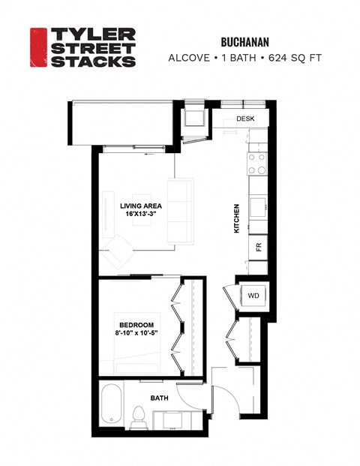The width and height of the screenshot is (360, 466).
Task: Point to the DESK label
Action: click(x=245, y=119)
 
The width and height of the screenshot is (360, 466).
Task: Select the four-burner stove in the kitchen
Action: click(x=257, y=164)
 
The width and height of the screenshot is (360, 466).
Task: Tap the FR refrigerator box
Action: click(x=257, y=246)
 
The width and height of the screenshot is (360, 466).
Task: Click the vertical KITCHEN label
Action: click(x=236, y=218)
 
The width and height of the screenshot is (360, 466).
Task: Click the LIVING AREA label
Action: click(x=141, y=205)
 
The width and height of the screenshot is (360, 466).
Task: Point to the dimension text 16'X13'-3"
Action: click(x=141, y=214)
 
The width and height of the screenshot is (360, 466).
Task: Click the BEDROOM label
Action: click(x=136, y=325)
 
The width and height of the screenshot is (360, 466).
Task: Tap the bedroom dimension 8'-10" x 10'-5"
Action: click(x=136, y=334)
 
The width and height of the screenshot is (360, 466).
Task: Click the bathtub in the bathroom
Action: click(x=112, y=409)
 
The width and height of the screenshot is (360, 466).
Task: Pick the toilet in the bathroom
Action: click(x=138, y=419)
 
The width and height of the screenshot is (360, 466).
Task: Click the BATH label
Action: click(x=160, y=398)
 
